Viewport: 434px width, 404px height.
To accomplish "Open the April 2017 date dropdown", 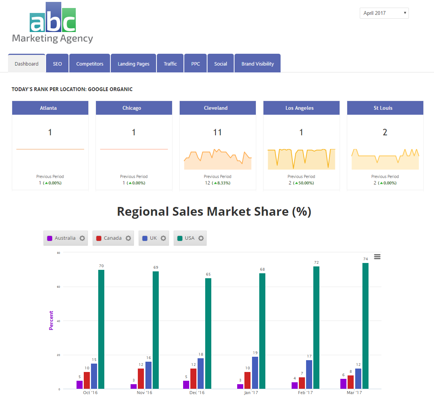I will (384, 13).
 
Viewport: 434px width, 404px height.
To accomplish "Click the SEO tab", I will (57, 64).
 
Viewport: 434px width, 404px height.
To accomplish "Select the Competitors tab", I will (90, 64).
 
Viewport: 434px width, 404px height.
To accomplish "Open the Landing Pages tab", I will (134, 64).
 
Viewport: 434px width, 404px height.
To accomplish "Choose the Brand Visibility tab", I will (257, 64).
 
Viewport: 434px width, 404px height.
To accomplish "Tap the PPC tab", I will (196, 64).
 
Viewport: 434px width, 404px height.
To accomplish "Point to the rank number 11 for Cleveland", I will (217, 132).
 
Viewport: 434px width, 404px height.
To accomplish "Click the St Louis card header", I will (385, 108).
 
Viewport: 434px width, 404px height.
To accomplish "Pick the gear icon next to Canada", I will (128, 238).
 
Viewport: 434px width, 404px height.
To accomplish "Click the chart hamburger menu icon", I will (377, 257).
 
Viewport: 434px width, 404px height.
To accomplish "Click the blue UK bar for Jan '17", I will (255, 373).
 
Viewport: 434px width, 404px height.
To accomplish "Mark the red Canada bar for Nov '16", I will (141, 378).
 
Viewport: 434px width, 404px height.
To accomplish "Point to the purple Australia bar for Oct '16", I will (80, 385).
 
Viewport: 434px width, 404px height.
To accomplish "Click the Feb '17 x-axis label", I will (305, 393).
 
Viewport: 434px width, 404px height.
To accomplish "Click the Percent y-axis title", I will (51, 321).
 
